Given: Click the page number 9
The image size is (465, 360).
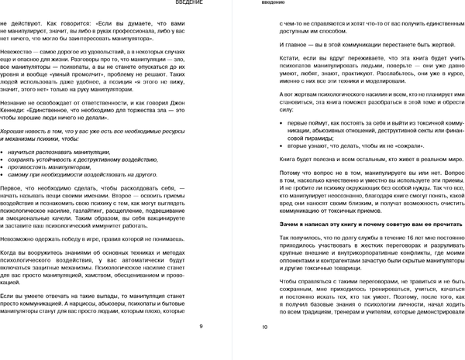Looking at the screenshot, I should (201, 327).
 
